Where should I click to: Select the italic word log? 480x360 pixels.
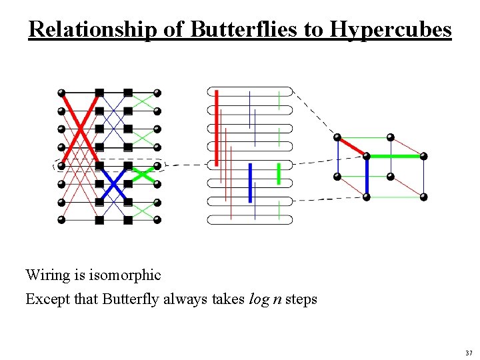(259, 299)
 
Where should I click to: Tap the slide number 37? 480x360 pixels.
(469, 353)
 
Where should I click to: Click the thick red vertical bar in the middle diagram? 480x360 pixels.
(217, 127)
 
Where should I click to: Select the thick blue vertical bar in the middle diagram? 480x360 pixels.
(250, 182)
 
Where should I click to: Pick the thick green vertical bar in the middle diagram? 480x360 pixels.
(278, 173)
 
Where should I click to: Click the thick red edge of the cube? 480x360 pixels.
(351, 147)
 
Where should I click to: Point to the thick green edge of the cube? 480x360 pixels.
(395, 156)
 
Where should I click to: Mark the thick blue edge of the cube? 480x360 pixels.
(367, 177)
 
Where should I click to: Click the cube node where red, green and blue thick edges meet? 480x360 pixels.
(366, 157)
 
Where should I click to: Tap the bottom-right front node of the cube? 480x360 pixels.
(423, 197)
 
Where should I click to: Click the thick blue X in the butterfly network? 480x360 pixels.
(114, 183)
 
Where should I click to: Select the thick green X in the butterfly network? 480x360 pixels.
(143, 174)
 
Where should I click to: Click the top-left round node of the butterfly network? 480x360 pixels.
(61, 93)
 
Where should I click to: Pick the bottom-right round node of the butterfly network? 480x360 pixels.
(158, 219)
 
